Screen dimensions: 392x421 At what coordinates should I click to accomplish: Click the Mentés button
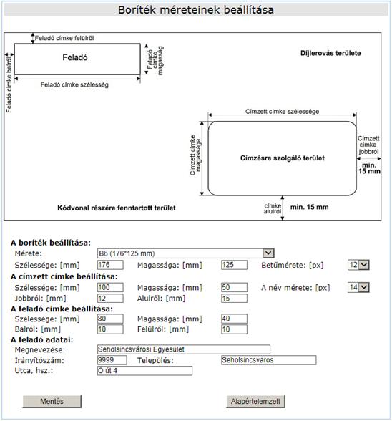pos(52,402)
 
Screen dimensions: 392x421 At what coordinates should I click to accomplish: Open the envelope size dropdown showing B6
pos(186,253)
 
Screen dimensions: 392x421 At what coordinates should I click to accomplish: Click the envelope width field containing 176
pos(110,265)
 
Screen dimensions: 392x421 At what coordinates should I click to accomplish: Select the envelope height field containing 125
pos(234,265)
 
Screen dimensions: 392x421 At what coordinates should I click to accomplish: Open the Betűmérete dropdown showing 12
pos(358,265)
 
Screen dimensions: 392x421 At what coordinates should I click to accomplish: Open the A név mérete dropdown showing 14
pos(358,287)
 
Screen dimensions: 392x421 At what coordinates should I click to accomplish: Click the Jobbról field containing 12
pos(110,299)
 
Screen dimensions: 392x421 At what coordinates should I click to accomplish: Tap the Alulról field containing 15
pos(234,299)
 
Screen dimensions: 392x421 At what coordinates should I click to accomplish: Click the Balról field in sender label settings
pos(110,329)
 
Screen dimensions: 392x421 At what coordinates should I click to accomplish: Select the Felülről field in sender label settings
pos(234,329)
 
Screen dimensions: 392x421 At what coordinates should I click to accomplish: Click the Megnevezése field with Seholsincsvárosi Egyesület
pos(184,349)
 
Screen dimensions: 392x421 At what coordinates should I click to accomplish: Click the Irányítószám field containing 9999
pos(112,360)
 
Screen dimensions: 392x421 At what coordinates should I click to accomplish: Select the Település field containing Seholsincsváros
pos(269,360)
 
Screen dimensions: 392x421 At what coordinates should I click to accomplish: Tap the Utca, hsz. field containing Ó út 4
pos(145,371)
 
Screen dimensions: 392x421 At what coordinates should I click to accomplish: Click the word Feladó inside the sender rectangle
pos(75,57)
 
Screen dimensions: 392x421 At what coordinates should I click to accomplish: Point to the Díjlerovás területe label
pos(330,53)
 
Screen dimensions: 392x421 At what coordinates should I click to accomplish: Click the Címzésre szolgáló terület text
pos(283,158)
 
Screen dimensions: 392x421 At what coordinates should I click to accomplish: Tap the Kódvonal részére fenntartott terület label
pos(117,208)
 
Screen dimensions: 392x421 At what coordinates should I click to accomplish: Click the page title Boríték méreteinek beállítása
pos(196,10)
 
